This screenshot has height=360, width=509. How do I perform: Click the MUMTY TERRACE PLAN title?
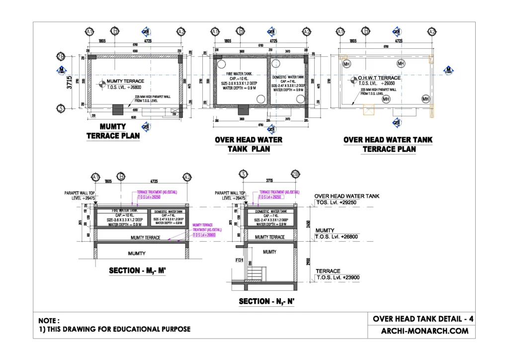pos(113,131)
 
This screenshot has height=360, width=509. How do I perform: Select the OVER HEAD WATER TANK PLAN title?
pos(249,144)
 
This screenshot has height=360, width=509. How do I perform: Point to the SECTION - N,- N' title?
pos(267,301)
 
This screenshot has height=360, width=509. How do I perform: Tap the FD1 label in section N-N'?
pos(239,260)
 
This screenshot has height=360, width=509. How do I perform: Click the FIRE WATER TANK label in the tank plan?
pos(237,73)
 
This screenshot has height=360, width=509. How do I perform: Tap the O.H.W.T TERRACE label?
pos(379,78)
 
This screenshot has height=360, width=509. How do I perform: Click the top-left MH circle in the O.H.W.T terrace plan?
pos(346,64)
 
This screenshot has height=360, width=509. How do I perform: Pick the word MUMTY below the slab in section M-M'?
pos(137,254)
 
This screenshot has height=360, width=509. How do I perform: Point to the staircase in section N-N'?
pos(256,273)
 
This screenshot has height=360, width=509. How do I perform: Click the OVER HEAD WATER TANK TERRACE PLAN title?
pos(388,144)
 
